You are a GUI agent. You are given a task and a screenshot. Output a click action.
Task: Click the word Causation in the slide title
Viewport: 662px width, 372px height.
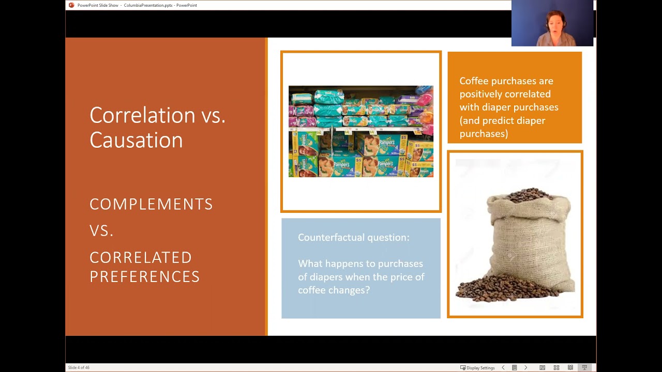pyautogui.click(x=136, y=141)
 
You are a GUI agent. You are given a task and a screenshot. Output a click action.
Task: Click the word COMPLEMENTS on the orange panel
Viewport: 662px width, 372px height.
pyautogui.click(x=151, y=204)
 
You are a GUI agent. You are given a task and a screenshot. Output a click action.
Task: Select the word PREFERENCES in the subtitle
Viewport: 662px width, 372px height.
pyautogui.click(x=144, y=276)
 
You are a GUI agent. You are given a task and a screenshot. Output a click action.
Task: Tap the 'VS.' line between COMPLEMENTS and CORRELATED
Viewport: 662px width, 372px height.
pyautogui.click(x=101, y=231)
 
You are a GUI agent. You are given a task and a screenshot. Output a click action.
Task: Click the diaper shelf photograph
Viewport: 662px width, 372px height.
pyautogui.click(x=360, y=131)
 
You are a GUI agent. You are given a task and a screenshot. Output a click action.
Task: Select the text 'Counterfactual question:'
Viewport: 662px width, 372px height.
pyautogui.click(x=353, y=237)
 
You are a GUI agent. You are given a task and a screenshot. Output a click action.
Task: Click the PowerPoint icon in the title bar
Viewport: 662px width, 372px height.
pyautogui.click(x=71, y=5)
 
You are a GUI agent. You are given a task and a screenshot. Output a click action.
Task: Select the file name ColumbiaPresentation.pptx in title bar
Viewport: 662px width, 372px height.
pyautogui.click(x=148, y=5)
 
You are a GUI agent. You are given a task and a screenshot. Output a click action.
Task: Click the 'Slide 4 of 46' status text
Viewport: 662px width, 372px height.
pyautogui.click(x=79, y=367)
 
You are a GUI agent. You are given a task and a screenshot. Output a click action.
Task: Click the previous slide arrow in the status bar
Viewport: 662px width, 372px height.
pyautogui.click(x=503, y=367)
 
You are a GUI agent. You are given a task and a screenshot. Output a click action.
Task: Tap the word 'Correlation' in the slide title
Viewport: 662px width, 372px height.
pyautogui.click(x=143, y=115)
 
